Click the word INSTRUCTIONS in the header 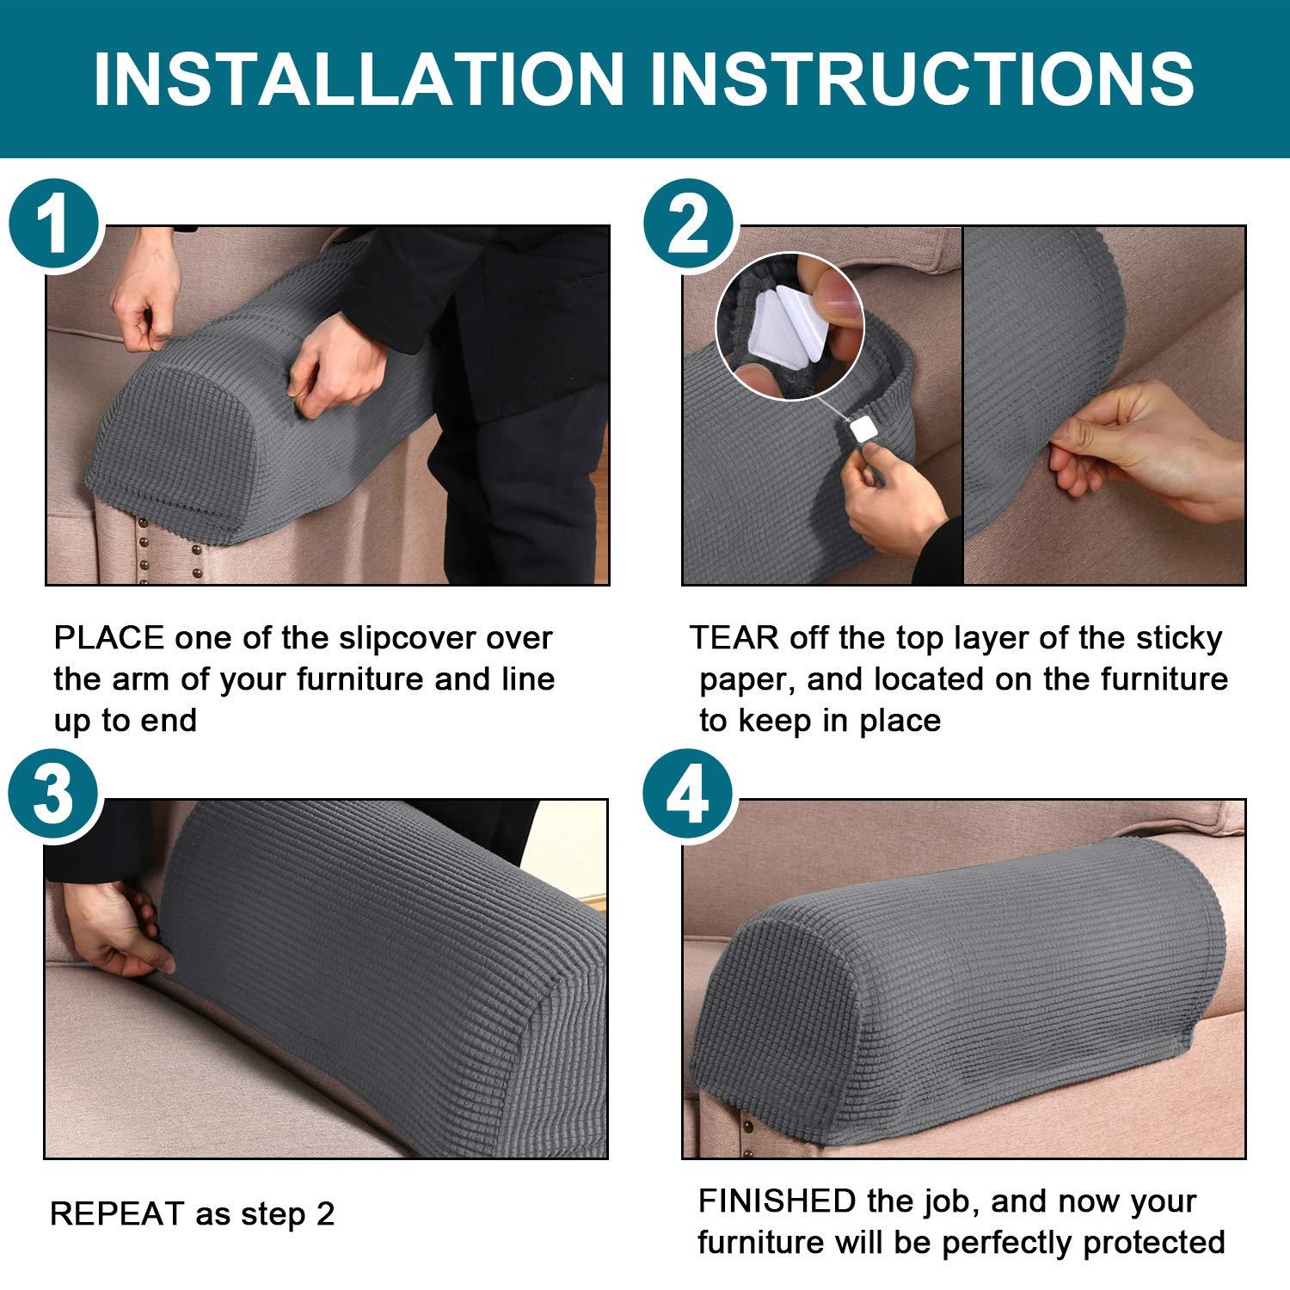coord(921,79)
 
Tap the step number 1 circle coord(55,226)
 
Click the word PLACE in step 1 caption coord(108,638)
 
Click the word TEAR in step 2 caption coord(734,638)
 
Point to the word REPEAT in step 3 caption coord(117,1214)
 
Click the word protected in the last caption coord(1153,1243)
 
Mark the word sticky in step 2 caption coord(1178,638)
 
